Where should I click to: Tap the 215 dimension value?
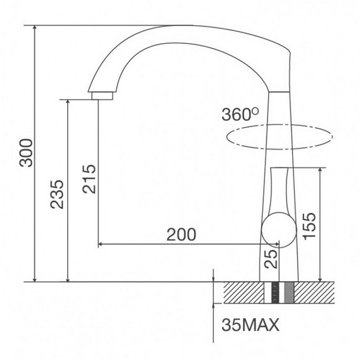(x=88, y=179)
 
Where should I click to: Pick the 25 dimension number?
(x=271, y=259)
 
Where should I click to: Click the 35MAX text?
(x=251, y=326)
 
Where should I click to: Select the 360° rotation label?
(x=239, y=114)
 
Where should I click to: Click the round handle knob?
(x=278, y=230)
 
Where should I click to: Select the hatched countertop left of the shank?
(x=242, y=292)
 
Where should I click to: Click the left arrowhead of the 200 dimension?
(x=100, y=244)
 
